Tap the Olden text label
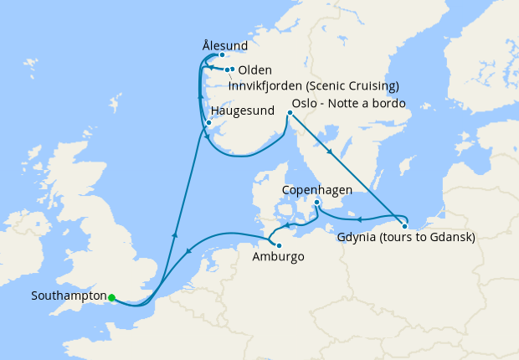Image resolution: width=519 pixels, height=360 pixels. pyautogui.click(x=255, y=70)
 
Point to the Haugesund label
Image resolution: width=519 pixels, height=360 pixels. pyautogui.click(x=244, y=111)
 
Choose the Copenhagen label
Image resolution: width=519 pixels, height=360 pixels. pyautogui.click(x=318, y=190)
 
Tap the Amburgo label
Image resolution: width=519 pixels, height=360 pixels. pyautogui.click(x=278, y=257)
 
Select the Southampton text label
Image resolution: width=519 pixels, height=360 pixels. pyautogui.click(x=68, y=296)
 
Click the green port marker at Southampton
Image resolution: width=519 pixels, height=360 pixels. pyautogui.click(x=111, y=296)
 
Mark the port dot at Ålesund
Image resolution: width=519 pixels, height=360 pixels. pyautogui.click(x=222, y=55)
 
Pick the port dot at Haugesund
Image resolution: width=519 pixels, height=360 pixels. pyautogui.click(x=208, y=122)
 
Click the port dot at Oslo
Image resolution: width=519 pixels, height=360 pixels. pyautogui.click(x=290, y=112)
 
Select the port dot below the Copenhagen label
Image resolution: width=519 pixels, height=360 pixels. pyautogui.click(x=316, y=202)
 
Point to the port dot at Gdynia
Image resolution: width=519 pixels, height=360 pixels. pyautogui.click(x=404, y=226)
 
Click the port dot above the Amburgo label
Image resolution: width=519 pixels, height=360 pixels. pyautogui.click(x=279, y=245)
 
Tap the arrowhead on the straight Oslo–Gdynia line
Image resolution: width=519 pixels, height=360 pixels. pyautogui.click(x=332, y=153)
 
